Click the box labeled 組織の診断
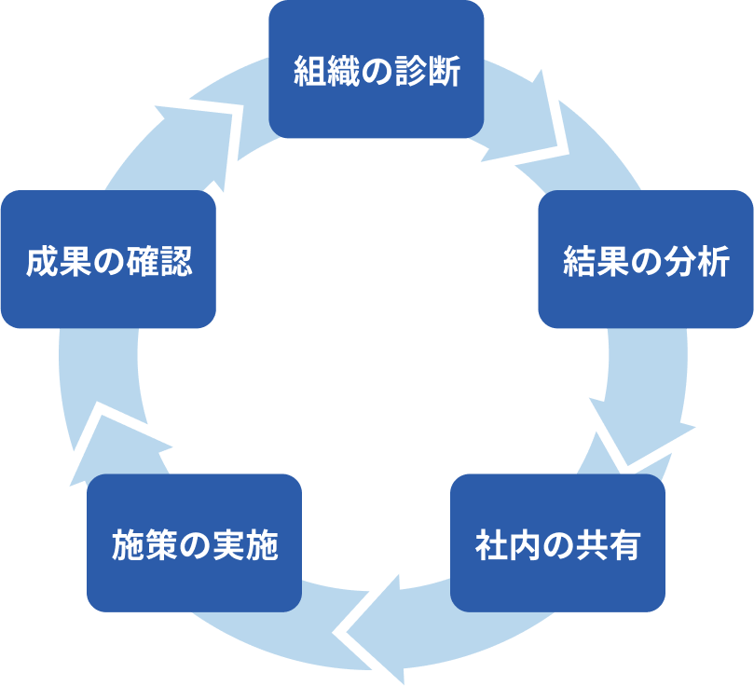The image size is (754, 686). (x=377, y=70)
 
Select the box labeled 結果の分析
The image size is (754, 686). (x=645, y=260)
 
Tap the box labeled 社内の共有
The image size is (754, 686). (x=557, y=543)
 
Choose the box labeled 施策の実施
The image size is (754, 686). (x=194, y=543)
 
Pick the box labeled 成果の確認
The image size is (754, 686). (x=108, y=260)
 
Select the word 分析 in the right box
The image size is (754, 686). (x=701, y=262)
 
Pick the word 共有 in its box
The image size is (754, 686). (x=613, y=544)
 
